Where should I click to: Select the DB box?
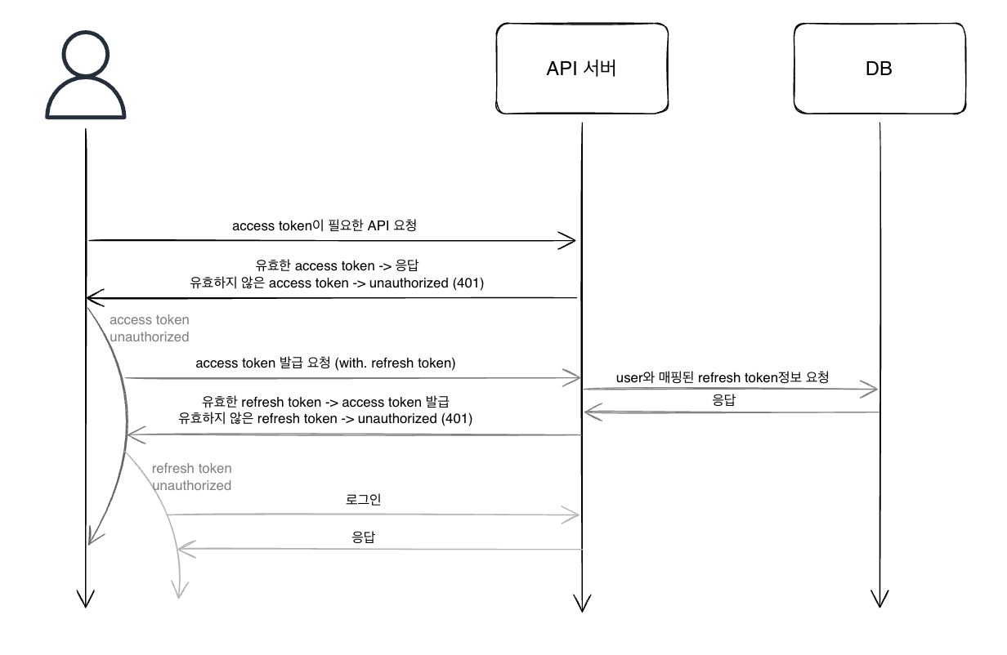(879, 69)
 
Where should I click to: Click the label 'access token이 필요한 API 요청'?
(324, 225)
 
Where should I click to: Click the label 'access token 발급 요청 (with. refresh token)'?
(325, 363)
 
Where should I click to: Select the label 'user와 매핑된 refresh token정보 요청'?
(723, 377)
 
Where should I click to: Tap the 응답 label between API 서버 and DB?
(723, 401)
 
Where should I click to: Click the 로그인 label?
(364, 499)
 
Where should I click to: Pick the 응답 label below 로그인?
(364, 537)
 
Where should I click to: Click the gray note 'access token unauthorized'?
(150, 328)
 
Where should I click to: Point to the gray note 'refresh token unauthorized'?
(192, 477)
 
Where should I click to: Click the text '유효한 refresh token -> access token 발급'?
(326, 402)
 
